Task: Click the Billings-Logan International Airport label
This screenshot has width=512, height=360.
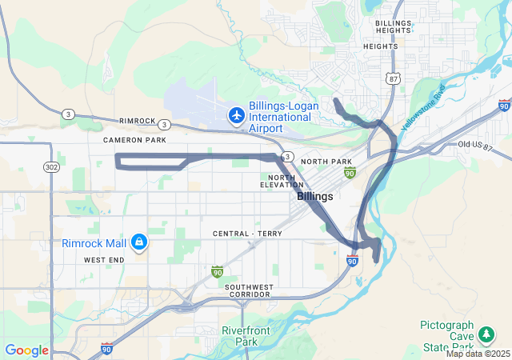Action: click(283, 117)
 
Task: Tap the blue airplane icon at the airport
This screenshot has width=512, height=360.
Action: click(236, 116)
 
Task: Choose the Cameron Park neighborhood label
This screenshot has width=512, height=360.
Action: click(134, 140)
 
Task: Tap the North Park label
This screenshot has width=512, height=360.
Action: click(326, 162)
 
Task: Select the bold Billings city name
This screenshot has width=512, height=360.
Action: click(315, 196)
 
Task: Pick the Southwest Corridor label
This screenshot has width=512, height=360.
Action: click(248, 290)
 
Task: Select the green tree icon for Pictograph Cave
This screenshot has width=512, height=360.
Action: click(485, 334)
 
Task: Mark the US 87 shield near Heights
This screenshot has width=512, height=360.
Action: click(391, 78)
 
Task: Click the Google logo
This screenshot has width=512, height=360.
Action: click(26, 350)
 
